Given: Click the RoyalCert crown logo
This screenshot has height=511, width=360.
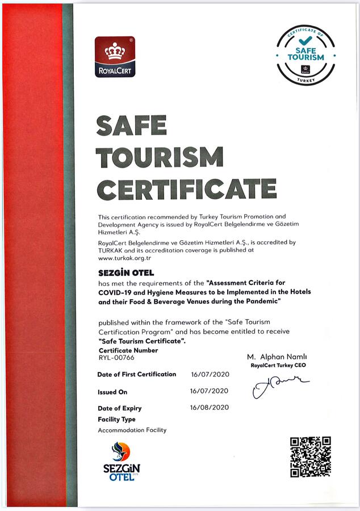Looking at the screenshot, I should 115,57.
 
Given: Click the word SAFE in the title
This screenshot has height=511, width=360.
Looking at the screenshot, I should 131,125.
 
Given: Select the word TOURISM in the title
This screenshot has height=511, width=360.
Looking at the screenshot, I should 159,157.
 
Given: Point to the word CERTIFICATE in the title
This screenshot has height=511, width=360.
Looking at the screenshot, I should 186,189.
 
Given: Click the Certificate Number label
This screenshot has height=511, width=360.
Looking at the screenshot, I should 128,350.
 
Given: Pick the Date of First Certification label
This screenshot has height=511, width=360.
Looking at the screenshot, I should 136,375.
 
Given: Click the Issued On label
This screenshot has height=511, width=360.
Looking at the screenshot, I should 112,392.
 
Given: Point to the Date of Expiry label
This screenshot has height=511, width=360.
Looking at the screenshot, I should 119,408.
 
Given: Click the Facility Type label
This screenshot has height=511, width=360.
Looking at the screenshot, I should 116,419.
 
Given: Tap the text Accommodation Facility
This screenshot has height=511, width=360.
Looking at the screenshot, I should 132,430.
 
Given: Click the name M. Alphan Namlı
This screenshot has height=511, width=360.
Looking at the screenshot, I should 277,357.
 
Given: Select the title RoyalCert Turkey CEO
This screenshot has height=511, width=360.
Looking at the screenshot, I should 278,365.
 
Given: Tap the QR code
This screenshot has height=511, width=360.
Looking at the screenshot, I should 310,456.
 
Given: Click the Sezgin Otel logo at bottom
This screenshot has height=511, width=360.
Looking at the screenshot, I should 121,461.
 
